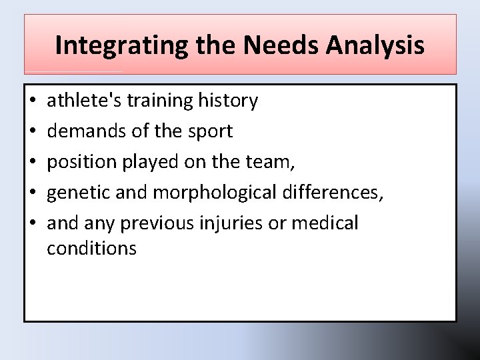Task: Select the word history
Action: point(228,101)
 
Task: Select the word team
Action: point(271,163)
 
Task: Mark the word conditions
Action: point(91,249)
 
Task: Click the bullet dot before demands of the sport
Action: point(33,132)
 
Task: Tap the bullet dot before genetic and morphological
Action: point(33,193)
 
